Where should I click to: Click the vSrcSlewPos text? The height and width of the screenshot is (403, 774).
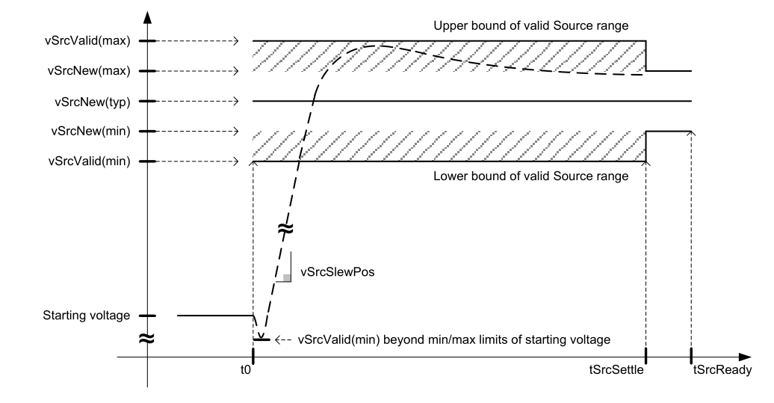[x=336, y=272]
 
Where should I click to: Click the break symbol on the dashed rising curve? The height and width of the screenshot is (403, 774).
[x=286, y=230]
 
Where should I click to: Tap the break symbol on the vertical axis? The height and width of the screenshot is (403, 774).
[x=147, y=339]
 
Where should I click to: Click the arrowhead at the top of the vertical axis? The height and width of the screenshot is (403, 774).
[x=147, y=16]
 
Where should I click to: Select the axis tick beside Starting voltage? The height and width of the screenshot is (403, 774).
[x=148, y=316]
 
